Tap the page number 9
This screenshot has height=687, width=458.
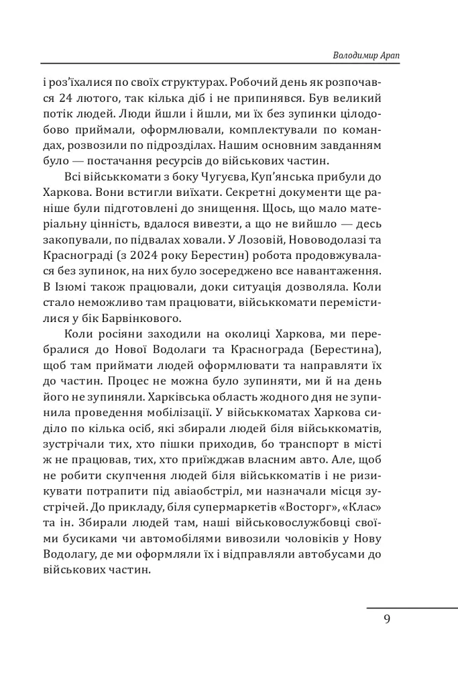coord(387,619)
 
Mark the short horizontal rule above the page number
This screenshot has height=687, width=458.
coord(412,607)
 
